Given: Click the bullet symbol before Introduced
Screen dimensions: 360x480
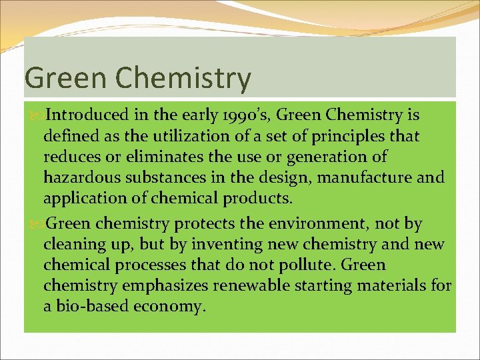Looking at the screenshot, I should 35,115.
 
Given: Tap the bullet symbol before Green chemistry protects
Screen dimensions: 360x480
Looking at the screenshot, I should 35,223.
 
